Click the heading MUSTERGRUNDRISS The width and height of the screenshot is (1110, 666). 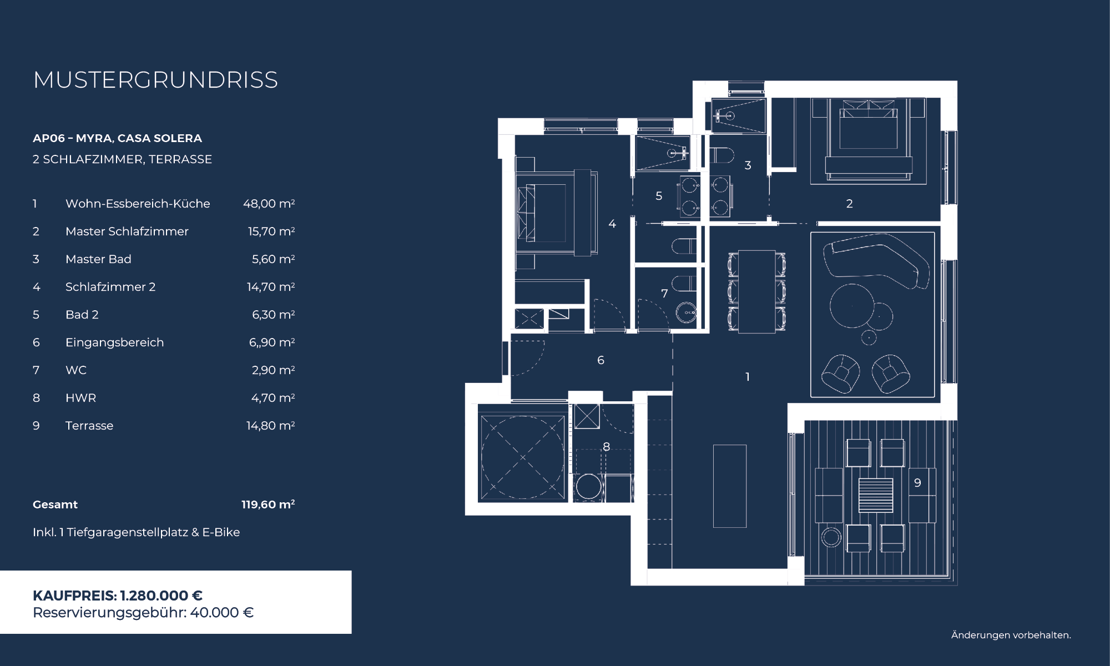click(x=155, y=80)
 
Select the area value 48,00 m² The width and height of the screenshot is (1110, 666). click(x=269, y=204)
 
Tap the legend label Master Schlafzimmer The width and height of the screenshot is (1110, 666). click(x=127, y=231)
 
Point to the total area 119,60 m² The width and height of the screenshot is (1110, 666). click(x=268, y=504)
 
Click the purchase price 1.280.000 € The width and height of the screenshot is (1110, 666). click(x=162, y=596)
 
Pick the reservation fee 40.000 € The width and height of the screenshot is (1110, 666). click(x=222, y=613)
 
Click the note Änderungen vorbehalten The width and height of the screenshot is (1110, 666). click(x=1011, y=635)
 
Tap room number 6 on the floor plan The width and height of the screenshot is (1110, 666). click(x=601, y=360)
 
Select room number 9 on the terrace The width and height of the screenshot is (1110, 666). click(x=917, y=483)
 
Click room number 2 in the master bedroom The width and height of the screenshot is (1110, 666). click(x=849, y=204)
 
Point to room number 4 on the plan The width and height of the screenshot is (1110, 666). click(x=612, y=224)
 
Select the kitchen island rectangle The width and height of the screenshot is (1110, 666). click(x=730, y=486)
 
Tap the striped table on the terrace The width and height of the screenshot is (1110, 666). click(x=876, y=495)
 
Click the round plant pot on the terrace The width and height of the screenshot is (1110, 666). click(x=831, y=537)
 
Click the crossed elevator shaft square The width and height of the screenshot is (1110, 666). click(x=523, y=458)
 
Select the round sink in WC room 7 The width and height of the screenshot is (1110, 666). click(x=686, y=313)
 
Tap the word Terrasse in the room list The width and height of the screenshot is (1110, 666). click(x=89, y=426)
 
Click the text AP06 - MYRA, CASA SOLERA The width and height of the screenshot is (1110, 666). click(x=117, y=138)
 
